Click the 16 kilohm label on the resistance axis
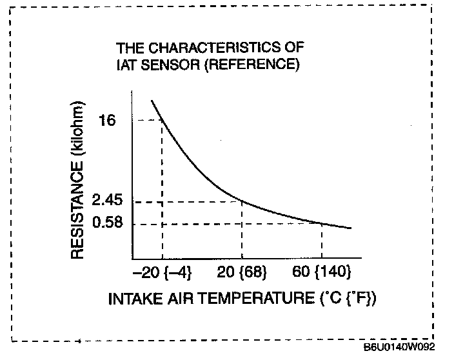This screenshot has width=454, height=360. pos(108,121)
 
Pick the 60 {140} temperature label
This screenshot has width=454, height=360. pos(322,273)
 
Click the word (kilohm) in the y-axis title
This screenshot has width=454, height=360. pos(77,128)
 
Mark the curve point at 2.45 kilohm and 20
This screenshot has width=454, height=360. pos(242,201)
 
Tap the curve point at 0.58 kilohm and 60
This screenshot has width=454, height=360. pos(322,223)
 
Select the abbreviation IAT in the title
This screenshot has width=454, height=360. pos(125,65)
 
